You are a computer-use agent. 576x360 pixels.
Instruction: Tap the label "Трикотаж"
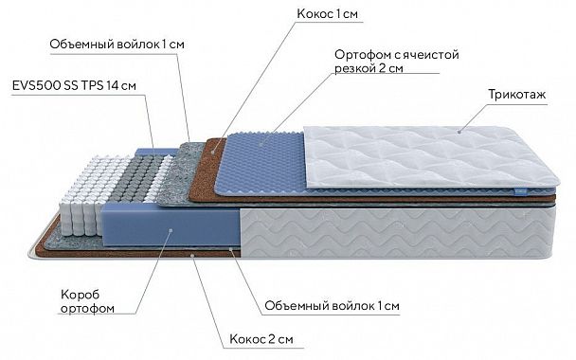(x=516, y=96)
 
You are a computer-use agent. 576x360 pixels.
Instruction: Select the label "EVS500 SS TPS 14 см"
(x=75, y=85)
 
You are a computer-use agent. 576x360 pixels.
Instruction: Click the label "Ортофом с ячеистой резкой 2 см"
(x=396, y=62)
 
